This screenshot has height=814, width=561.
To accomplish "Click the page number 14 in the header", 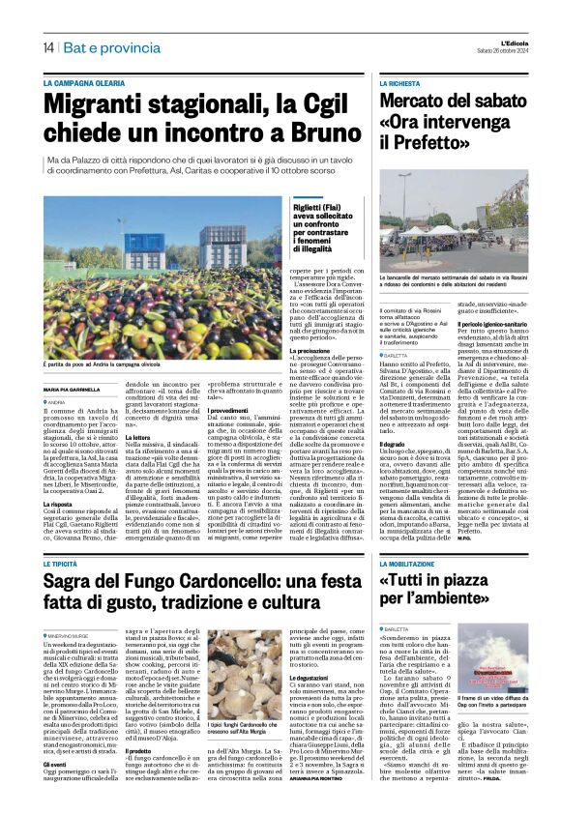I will [47, 47].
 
